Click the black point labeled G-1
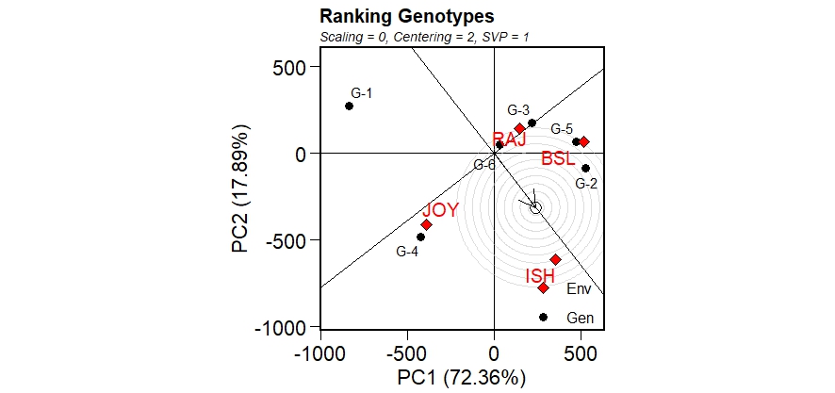(x=349, y=106)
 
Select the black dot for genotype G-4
(x=420, y=237)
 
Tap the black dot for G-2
(x=585, y=169)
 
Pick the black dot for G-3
(x=532, y=123)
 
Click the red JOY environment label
(x=440, y=210)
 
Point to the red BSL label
(x=558, y=159)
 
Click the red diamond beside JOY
(x=426, y=224)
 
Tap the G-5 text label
(x=562, y=129)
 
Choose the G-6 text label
(x=484, y=165)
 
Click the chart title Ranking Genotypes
(x=407, y=16)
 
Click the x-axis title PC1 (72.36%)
(x=461, y=378)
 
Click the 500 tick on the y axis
(x=288, y=67)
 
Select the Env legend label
(x=579, y=289)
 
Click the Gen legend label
(x=581, y=319)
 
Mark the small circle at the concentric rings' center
(x=535, y=207)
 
